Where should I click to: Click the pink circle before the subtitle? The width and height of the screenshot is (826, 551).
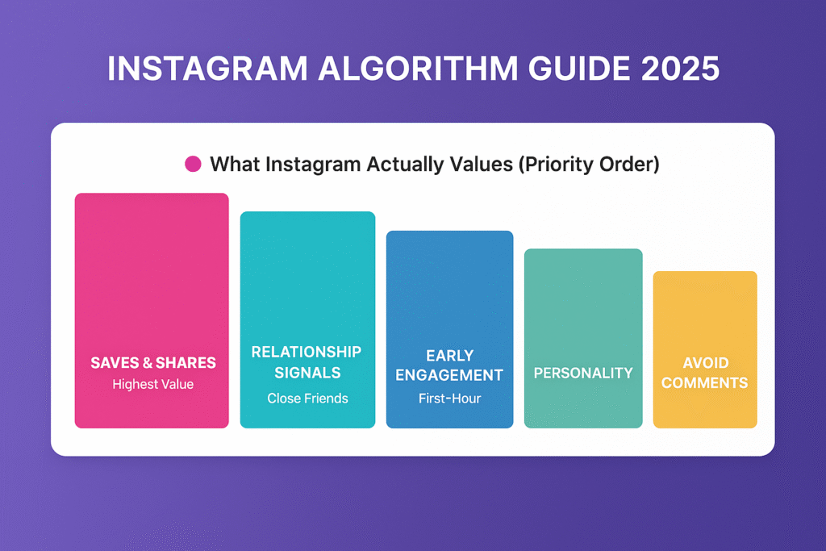pos(193,165)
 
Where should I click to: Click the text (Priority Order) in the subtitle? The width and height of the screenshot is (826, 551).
pos(588,165)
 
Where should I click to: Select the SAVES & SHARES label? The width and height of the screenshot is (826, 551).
pos(153,363)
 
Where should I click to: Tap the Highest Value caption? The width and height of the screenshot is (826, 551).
pos(153,385)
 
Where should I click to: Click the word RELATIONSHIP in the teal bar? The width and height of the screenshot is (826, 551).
pos(307,352)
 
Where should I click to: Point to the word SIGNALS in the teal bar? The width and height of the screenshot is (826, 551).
pos(307,373)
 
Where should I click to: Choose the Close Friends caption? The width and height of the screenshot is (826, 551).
pos(307,398)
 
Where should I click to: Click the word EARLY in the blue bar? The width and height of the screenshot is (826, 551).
pos(450,355)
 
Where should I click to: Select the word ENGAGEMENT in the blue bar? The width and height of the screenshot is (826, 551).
pos(450,375)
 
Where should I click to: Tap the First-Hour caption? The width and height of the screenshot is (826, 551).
pos(450,398)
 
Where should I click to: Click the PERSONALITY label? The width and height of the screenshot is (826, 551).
pos(583,374)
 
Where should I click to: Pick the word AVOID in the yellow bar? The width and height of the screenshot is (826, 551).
pos(705,363)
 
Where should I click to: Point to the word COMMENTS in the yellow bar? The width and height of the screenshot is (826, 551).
pos(705,383)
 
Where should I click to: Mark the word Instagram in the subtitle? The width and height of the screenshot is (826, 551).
pos(314,165)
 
